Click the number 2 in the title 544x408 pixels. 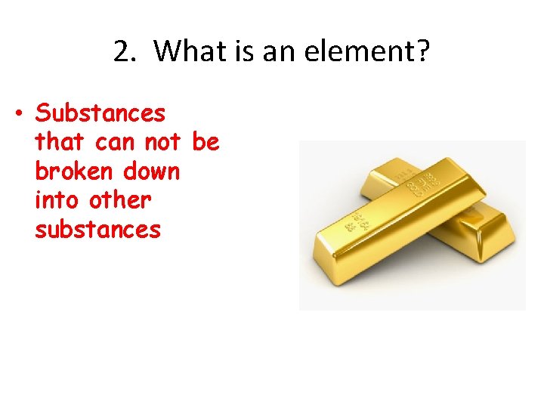click(122, 52)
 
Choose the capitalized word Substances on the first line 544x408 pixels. click(100, 113)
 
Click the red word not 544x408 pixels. click(163, 142)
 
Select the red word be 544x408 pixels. click(206, 142)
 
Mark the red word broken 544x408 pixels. click(73, 171)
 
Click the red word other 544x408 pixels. click(121, 200)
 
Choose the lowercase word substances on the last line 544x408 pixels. click(97, 229)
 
